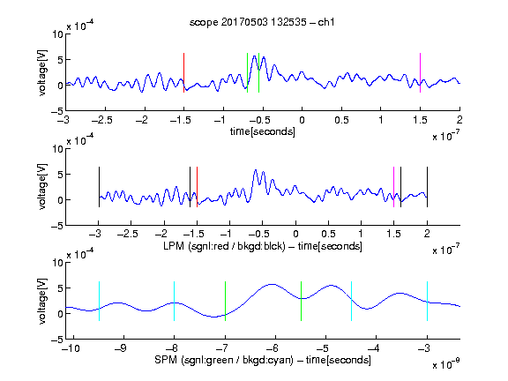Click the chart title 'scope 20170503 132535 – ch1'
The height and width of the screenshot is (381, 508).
262,22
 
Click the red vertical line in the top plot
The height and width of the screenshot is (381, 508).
183,73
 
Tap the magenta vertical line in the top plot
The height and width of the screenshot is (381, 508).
420,73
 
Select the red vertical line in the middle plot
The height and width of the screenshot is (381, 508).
197,187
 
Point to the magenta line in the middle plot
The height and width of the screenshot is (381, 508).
393,187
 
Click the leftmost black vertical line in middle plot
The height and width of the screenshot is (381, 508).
99,187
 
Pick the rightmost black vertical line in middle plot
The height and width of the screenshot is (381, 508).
427,187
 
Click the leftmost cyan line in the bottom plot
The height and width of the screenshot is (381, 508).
99,302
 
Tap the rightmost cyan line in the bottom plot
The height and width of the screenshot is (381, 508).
427,302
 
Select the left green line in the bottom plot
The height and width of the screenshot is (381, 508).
225,302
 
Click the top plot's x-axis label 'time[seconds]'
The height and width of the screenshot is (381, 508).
263,131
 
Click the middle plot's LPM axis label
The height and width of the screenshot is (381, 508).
263,246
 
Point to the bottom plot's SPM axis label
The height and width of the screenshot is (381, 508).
263,360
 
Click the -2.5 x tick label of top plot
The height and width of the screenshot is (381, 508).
101,120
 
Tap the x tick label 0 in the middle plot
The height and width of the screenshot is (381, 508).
295,234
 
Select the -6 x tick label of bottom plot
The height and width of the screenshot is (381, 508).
273,348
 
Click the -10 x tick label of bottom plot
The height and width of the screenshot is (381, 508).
71,348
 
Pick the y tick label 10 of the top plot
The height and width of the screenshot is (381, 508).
57,34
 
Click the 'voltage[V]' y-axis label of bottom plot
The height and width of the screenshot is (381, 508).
42,302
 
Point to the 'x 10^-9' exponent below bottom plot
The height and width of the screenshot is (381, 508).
446,364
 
